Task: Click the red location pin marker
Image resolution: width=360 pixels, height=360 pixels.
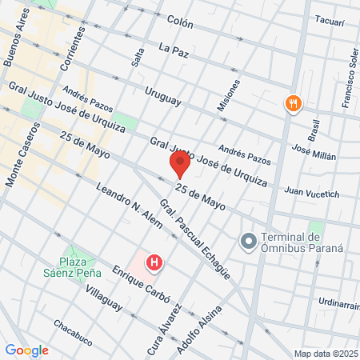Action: pyautogui.click(x=179, y=166)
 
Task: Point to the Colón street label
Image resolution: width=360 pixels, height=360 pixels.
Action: pyautogui.click(x=181, y=24)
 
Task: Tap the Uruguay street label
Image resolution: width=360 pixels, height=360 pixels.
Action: pyautogui.click(x=164, y=98)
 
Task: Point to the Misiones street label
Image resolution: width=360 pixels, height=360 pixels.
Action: pyautogui.click(x=228, y=94)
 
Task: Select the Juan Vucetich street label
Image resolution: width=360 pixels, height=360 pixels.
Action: pyautogui.click(x=312, y=193)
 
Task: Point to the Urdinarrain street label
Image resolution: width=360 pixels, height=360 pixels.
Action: pyautogui.click(x=334, y=302)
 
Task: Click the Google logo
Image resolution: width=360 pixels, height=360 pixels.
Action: pyautogui.click(x=26, y=350)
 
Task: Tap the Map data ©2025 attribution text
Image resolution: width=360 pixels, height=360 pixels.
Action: pyautogui.click(x=325, y=353)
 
